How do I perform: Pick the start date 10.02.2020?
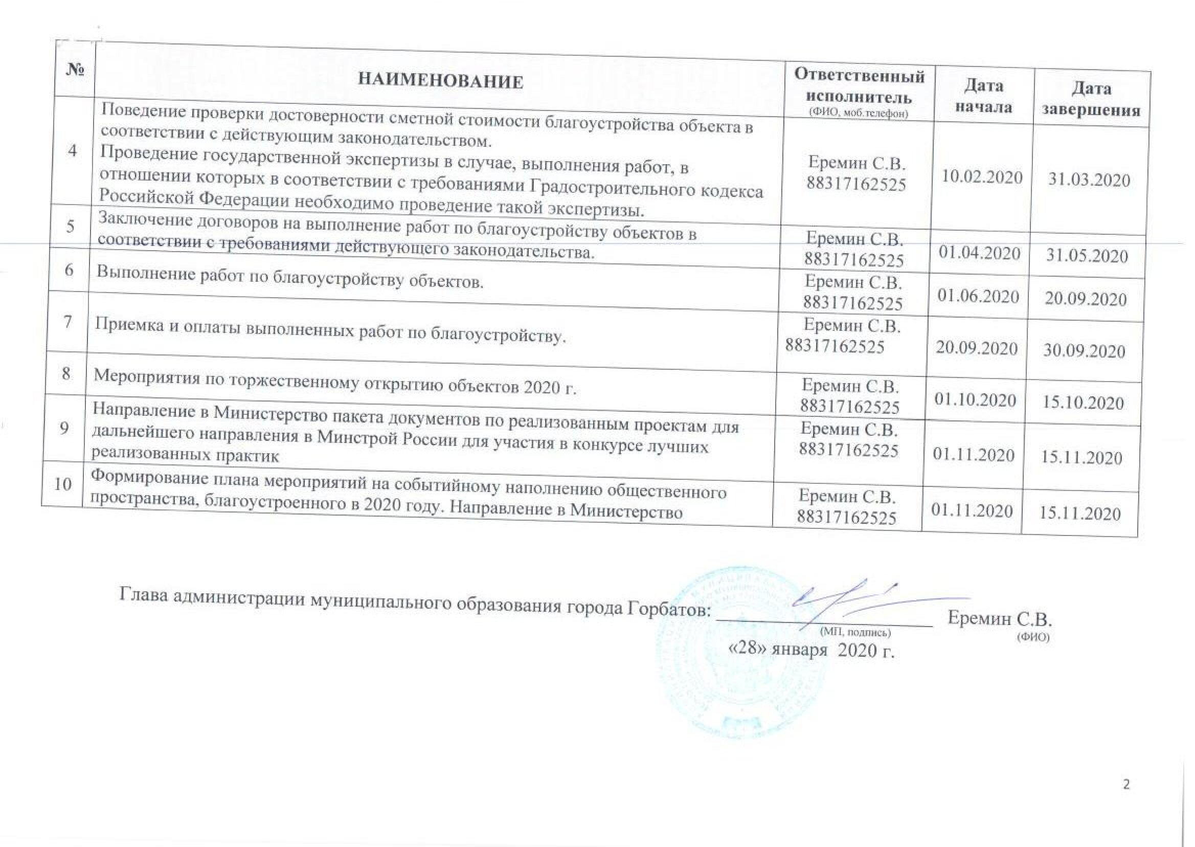pyautogui.click(x=982, y=177)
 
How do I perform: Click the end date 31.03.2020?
pyautogui.click(x=1089, y=181)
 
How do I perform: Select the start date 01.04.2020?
pyautogui.click(x=979, y=253)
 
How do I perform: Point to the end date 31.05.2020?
pyautogui.click(x=1087, y=256)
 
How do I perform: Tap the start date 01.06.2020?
pyautogui.click(x=978, y=296)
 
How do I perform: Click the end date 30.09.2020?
pyautogui.click(x=1084, y=351)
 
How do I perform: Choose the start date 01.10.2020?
pyautogui.click(x=975, y=400)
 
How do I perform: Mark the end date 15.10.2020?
pyautogui.click(x=1083, y=403)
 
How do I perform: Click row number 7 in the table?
pyautogui.click(x=69, y=322)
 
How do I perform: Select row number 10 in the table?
pyautogui.click(x=62, y=484)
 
